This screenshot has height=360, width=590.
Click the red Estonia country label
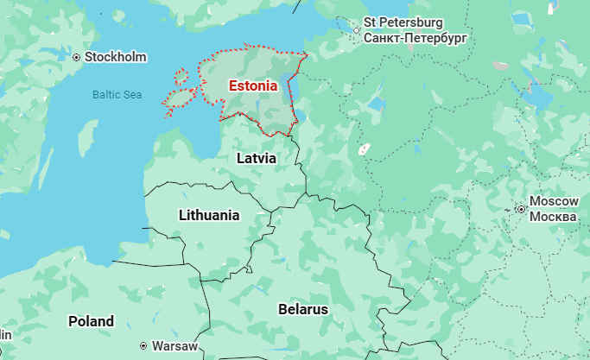pos(252,85)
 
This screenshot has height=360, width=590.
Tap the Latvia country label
pos(257,159)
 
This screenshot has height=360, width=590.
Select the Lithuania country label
pos(209,215)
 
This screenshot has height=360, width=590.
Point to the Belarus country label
pos(302,308)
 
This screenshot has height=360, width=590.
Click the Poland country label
pos(91,321)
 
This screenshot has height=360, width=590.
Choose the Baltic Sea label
pos(117,94)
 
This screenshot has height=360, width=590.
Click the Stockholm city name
pos(115,57)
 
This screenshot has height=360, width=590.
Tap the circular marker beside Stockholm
pos(77,57)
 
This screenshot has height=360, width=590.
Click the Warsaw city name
pos(174,345)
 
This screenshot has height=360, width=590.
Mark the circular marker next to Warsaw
pos(143,345)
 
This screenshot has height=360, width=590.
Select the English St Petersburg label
pos(403,22)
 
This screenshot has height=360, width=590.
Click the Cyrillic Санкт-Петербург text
pos(415,38)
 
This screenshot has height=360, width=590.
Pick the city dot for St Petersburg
pos(356,30)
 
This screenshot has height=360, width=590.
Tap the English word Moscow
pos(554,200)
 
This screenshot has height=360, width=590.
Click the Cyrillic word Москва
pos(553,215)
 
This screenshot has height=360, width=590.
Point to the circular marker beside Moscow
pos(520,208)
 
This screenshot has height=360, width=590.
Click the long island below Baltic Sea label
pos(87,138)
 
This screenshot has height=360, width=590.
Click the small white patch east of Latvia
pos(365,148)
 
